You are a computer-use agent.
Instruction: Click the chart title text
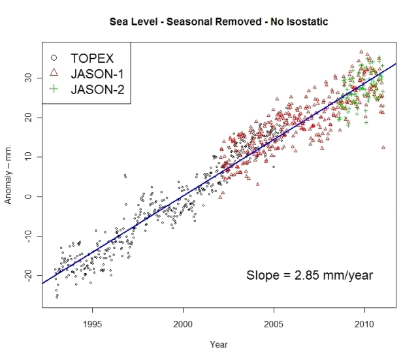[x=218, y=22]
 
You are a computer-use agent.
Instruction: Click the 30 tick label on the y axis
[x=29, y=78]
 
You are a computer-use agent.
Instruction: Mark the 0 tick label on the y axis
[x=29, y=196]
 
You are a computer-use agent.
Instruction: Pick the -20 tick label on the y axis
[x=29, y=275]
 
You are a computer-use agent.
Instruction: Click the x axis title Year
[x=219, y=344]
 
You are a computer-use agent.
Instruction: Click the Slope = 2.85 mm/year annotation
[x=310, y=275]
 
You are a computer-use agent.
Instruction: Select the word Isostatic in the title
[x=304, y=22]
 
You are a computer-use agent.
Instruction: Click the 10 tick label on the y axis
[x=29, y=157]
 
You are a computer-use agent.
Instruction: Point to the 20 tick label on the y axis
[x=29, y=118]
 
